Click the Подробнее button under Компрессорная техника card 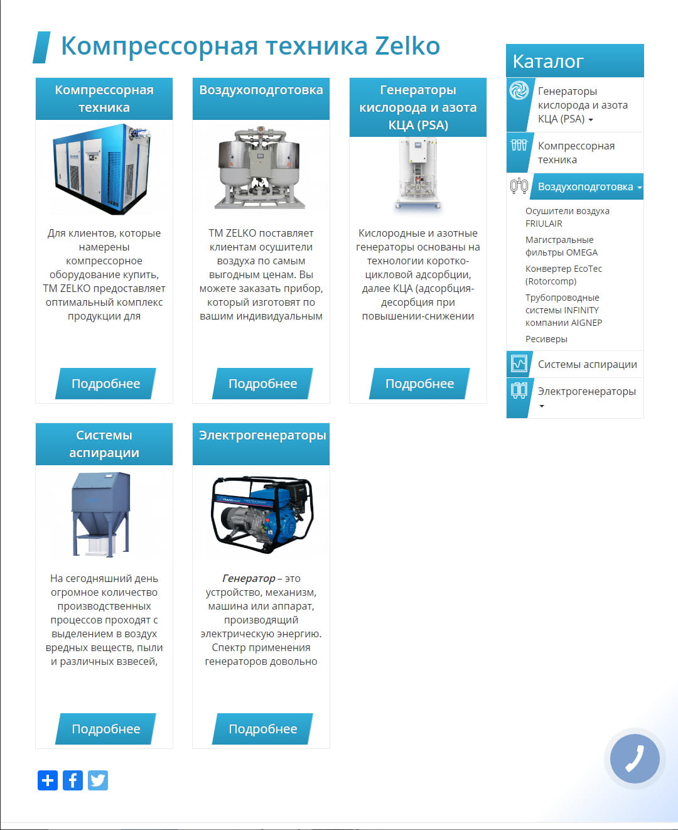[x=105, y=384]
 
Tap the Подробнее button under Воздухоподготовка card [x=262, y=384]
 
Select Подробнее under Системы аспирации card [x=105, y=729]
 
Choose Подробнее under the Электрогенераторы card [x=262, y=729]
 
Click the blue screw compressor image [x=102, y=169]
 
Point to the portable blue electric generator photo [x=261, y=514]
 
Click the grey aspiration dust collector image [x=101, y=514]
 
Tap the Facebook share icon [x=73, y=780]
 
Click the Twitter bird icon [x=98, y=780]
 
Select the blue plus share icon [x=48, y=780]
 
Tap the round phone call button [x=635, y=759]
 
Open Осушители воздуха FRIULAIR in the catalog [x=567, y=217]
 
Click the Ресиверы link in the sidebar [x=546, y=339]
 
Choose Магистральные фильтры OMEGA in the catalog [x=561, y=246]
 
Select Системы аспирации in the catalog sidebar [x=587, y=364]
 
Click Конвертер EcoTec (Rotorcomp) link [x=563, y=275]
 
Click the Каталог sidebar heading [x=548, y=61]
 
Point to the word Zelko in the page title [x=407, y=46]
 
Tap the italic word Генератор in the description [x=249, y=578]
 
